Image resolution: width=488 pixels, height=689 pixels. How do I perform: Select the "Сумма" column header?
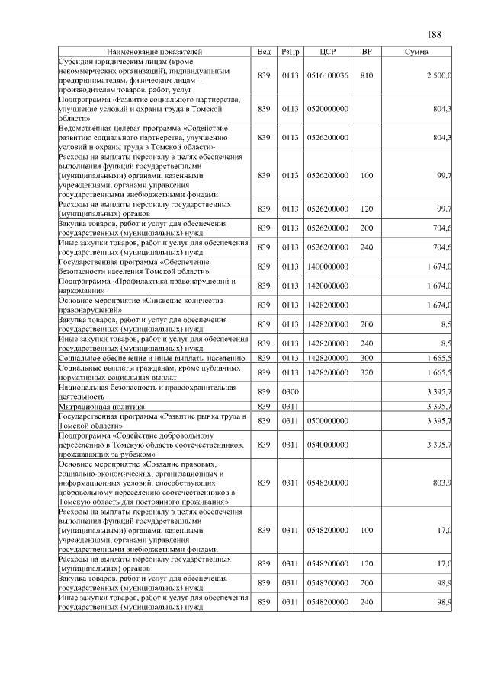click(x=416, y=51)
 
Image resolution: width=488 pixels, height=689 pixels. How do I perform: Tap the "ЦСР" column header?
click(x=329, y=51)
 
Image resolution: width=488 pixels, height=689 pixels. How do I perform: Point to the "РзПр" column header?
click(x=290, y=51)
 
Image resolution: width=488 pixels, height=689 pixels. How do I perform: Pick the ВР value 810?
click(x=367, y=75)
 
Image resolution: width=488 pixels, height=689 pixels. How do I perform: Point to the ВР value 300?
click(x=367, y=357)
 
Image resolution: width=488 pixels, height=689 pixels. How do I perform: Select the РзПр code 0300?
click(x=290, y=391)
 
